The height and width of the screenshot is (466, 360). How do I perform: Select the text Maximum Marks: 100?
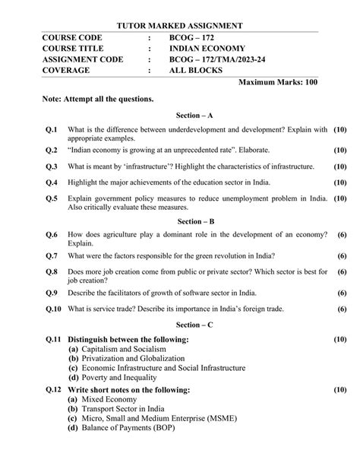coord(278,82)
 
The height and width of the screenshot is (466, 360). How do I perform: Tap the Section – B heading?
coord(179,221)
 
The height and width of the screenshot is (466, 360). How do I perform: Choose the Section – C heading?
coord(179,324)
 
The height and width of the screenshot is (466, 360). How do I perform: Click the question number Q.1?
coord(52,130)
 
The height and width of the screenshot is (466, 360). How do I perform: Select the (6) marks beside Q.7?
coord(342,255)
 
